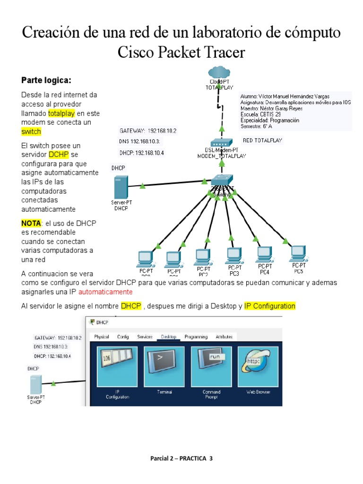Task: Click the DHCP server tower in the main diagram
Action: coord(121,187)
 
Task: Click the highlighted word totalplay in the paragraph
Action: coord(62,113)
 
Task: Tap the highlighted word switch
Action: coord(31,131)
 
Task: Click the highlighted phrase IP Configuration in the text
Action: coord(269,306)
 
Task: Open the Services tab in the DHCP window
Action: coord(145,337)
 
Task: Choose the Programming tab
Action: coord(196,337)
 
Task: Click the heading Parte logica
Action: coord(46,79)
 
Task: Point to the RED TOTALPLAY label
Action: coord(262,140)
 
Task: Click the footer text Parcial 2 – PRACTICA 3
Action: coord(181,458)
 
